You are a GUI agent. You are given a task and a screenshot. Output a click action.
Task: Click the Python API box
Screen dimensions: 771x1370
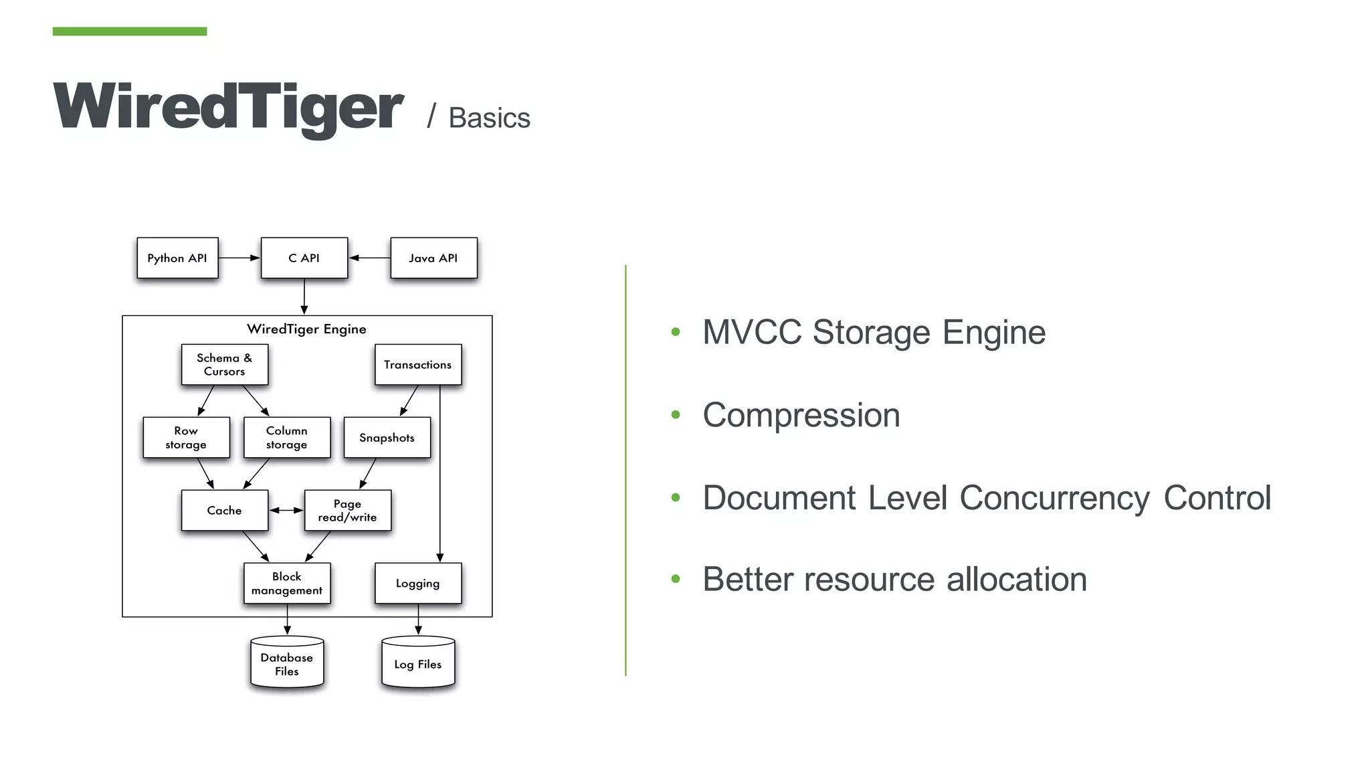(x=177, y=258)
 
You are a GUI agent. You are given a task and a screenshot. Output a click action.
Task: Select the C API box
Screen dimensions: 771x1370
(x=304, y=258)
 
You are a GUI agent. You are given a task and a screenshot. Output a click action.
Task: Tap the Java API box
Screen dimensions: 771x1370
(x=433, y=258)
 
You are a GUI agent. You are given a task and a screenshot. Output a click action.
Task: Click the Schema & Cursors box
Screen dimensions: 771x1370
(x=225, y=365)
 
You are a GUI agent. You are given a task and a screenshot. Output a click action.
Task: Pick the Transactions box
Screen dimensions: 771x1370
(x=418, y=365)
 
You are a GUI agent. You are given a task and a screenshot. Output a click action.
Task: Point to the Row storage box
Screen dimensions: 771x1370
(x=186, y=438)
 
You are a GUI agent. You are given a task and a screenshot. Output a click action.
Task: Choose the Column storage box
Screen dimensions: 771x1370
(x=287, y=438)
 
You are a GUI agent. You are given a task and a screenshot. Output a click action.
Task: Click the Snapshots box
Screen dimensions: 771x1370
(x=387, y=438)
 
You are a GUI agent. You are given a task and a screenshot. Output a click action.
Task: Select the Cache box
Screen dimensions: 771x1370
(x=225, y=511)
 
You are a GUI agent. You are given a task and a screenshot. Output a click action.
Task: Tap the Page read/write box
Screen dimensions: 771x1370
(x=347, y=511)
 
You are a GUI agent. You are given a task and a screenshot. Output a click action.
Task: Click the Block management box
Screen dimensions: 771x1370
(x=287, y=584)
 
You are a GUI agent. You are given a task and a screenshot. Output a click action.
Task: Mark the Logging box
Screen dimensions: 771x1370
(x=418, y=584)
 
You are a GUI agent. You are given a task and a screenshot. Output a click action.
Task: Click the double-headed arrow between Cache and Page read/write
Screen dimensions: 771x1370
(x=286, y=511)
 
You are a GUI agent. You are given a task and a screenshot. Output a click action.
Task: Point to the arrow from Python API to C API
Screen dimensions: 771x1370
(x=239, y=258)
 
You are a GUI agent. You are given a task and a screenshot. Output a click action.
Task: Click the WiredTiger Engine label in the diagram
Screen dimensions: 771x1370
(x=306, y=329)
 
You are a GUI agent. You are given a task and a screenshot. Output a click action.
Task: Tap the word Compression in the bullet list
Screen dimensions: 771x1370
(x=801, y=415)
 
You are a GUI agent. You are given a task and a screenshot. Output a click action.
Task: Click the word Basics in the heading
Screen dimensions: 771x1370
(x=489, y=118)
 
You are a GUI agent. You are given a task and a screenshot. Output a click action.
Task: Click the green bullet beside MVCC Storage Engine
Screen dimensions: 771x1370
(x=676, y=332)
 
